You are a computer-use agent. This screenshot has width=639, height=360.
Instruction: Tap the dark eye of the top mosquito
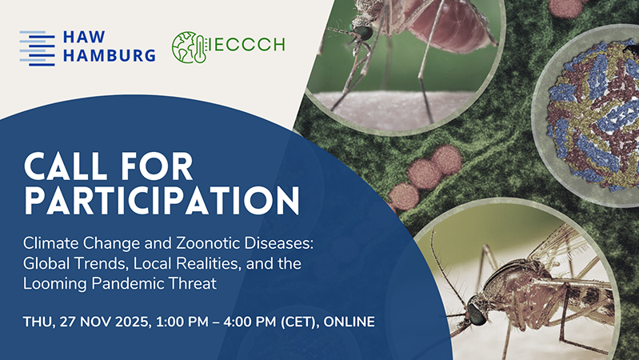click(362, 33)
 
